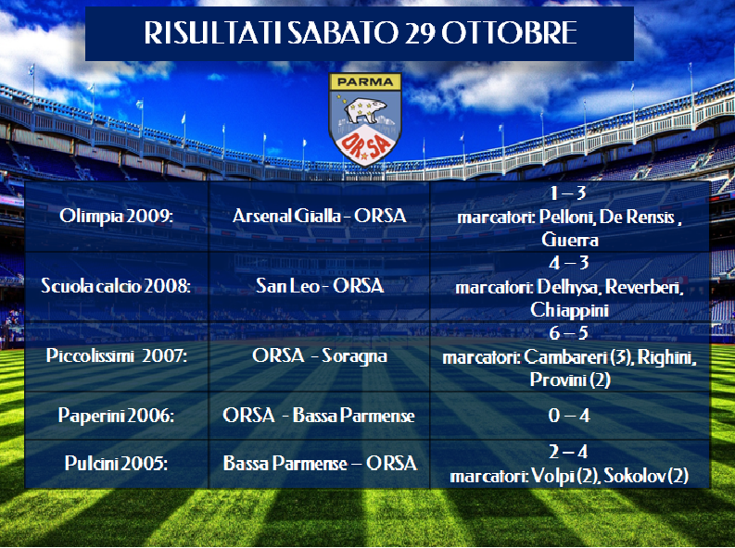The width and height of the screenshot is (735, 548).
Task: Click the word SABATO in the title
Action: [x=342, y=32]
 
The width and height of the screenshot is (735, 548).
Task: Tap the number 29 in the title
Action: [x=420, y=32]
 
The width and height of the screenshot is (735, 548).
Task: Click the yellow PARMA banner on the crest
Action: [x=365, y=81]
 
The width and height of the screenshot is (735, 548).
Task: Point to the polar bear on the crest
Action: [x=364, y=109]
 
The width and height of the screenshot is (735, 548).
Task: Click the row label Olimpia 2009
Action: [x=116, y=217]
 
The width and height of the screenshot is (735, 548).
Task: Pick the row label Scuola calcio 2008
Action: [x=116, y=286]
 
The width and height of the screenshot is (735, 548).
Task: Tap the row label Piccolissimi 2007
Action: [x=117, y=355]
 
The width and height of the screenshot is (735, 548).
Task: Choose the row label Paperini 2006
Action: [x=116, y=416]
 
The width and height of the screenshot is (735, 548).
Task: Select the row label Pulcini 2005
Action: [x=116, y=463]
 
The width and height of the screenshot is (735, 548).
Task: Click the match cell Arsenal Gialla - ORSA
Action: [x=319, y=217]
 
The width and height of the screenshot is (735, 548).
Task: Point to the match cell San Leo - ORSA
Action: [x=320, y=286]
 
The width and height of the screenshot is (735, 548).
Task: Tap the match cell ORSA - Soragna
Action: [x=320, y=355]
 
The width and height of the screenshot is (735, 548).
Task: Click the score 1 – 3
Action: [x=568, y=193]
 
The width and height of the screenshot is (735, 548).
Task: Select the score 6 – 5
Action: [x=568, y=332]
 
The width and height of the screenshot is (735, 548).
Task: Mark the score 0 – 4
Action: [x=569, y=416]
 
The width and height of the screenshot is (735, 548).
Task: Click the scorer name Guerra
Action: [x=570, y=240]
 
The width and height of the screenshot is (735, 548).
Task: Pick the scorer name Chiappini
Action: [x=569, y=310]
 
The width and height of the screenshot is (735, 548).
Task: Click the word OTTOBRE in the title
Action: [x=510, y=32]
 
